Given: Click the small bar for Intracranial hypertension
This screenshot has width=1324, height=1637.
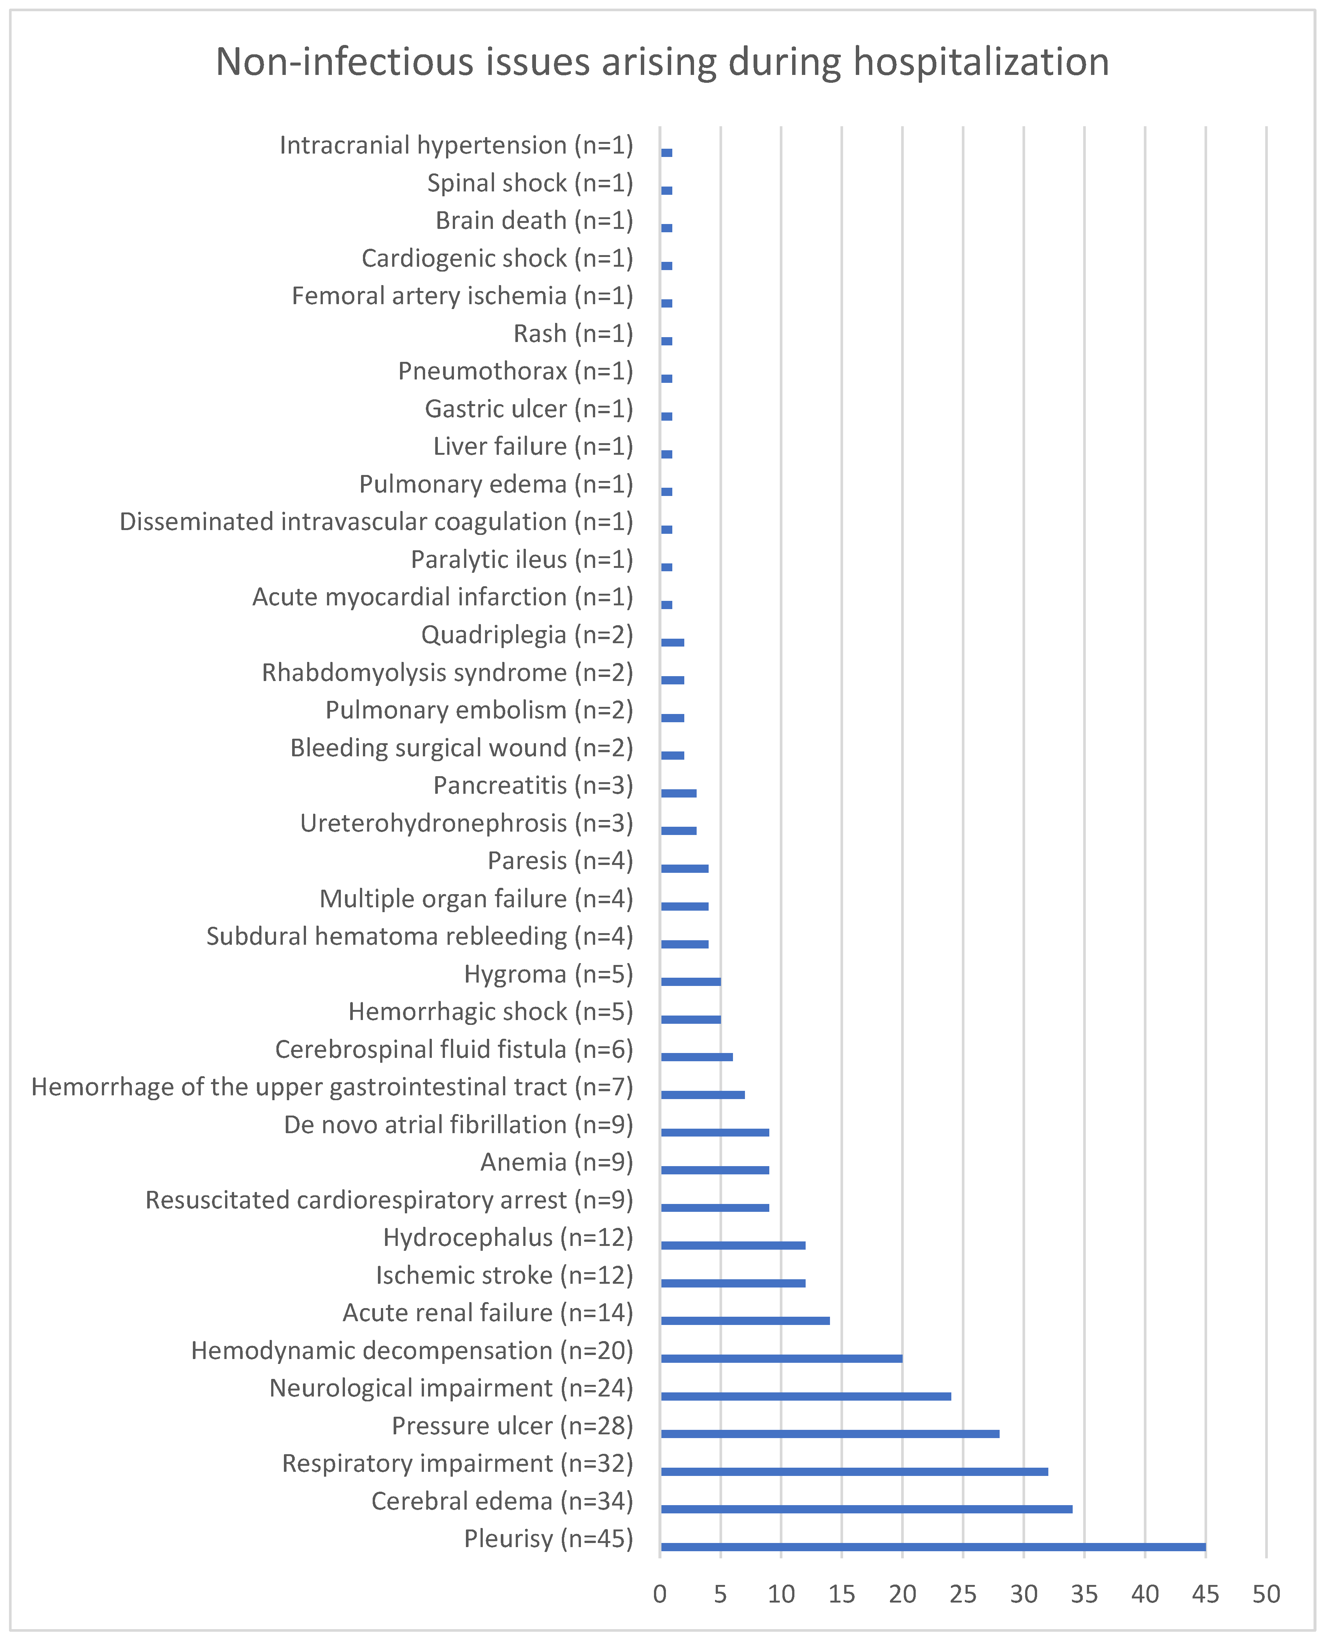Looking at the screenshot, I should point(667,152).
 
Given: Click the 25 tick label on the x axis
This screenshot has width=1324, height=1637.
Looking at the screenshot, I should point(963,1594).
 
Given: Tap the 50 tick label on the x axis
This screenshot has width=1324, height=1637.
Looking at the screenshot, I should point(1266,1594).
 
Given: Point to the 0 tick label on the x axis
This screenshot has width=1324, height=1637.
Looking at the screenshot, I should point(660,1594).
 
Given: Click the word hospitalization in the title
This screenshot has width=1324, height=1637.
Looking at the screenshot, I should point(981,63).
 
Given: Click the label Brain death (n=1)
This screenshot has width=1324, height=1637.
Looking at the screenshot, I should point(534,221).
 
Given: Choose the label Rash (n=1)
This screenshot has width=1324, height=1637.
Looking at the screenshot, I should point(573,333).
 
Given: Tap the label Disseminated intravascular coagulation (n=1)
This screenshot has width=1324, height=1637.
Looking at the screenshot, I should point(376,522).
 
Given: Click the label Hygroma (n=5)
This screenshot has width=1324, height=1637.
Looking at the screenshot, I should point(548,974).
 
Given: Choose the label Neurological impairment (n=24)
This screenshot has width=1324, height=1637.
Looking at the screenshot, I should point(451,1388).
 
